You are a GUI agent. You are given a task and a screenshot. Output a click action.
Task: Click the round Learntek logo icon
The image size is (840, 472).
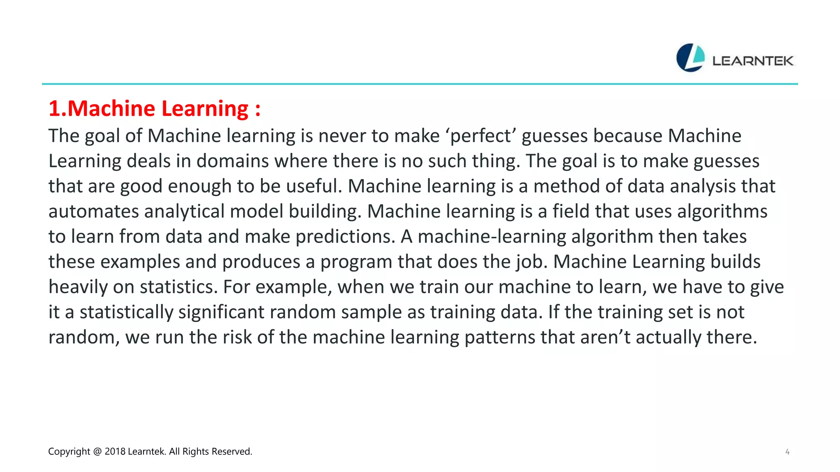point(690,58)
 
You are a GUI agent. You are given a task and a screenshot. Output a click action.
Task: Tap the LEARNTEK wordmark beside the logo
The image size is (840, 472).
point(753,61)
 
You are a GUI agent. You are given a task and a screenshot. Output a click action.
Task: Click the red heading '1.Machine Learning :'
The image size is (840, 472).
point(154,109)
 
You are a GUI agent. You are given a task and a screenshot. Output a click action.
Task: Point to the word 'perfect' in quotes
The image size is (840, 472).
point(481,136)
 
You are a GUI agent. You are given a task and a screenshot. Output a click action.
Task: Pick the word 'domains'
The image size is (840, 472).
point(233,161)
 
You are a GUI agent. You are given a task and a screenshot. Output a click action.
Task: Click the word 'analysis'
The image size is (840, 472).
point(702,186)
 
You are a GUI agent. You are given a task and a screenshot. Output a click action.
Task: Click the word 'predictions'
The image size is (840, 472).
point(345,237)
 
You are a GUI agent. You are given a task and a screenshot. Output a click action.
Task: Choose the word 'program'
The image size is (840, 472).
point(356,262)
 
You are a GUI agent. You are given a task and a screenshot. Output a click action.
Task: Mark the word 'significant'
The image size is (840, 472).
point(221,312)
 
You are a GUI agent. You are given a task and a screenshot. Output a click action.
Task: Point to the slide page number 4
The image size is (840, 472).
point(787,452)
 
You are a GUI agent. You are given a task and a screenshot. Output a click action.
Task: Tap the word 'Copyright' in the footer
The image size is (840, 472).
point(69,452)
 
